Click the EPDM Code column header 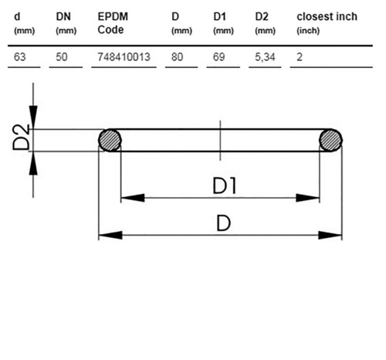[x=113, y=23]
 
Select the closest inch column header [x=327, y=23]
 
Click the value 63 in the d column [x=20, y=57]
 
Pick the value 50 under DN [x=62, y=57]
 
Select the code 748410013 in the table [x=124, y=57]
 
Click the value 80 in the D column [x=178, y=57]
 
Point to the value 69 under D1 [x=219, y=57]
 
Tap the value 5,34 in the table [x=265, y=57]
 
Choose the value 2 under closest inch [x=300, y=57]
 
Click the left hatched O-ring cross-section [x=110, y=140]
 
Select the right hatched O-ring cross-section [x=330, y=140]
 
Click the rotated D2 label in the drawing [x=22, y=138]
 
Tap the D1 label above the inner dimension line [x=225, y=186]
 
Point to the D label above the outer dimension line [x=223, y=223]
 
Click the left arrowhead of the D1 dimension [x=133, y=198]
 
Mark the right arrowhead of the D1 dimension [x=308, y=198]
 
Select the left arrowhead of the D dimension [x=110, y=235]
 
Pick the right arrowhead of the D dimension [x=330, y=235]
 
